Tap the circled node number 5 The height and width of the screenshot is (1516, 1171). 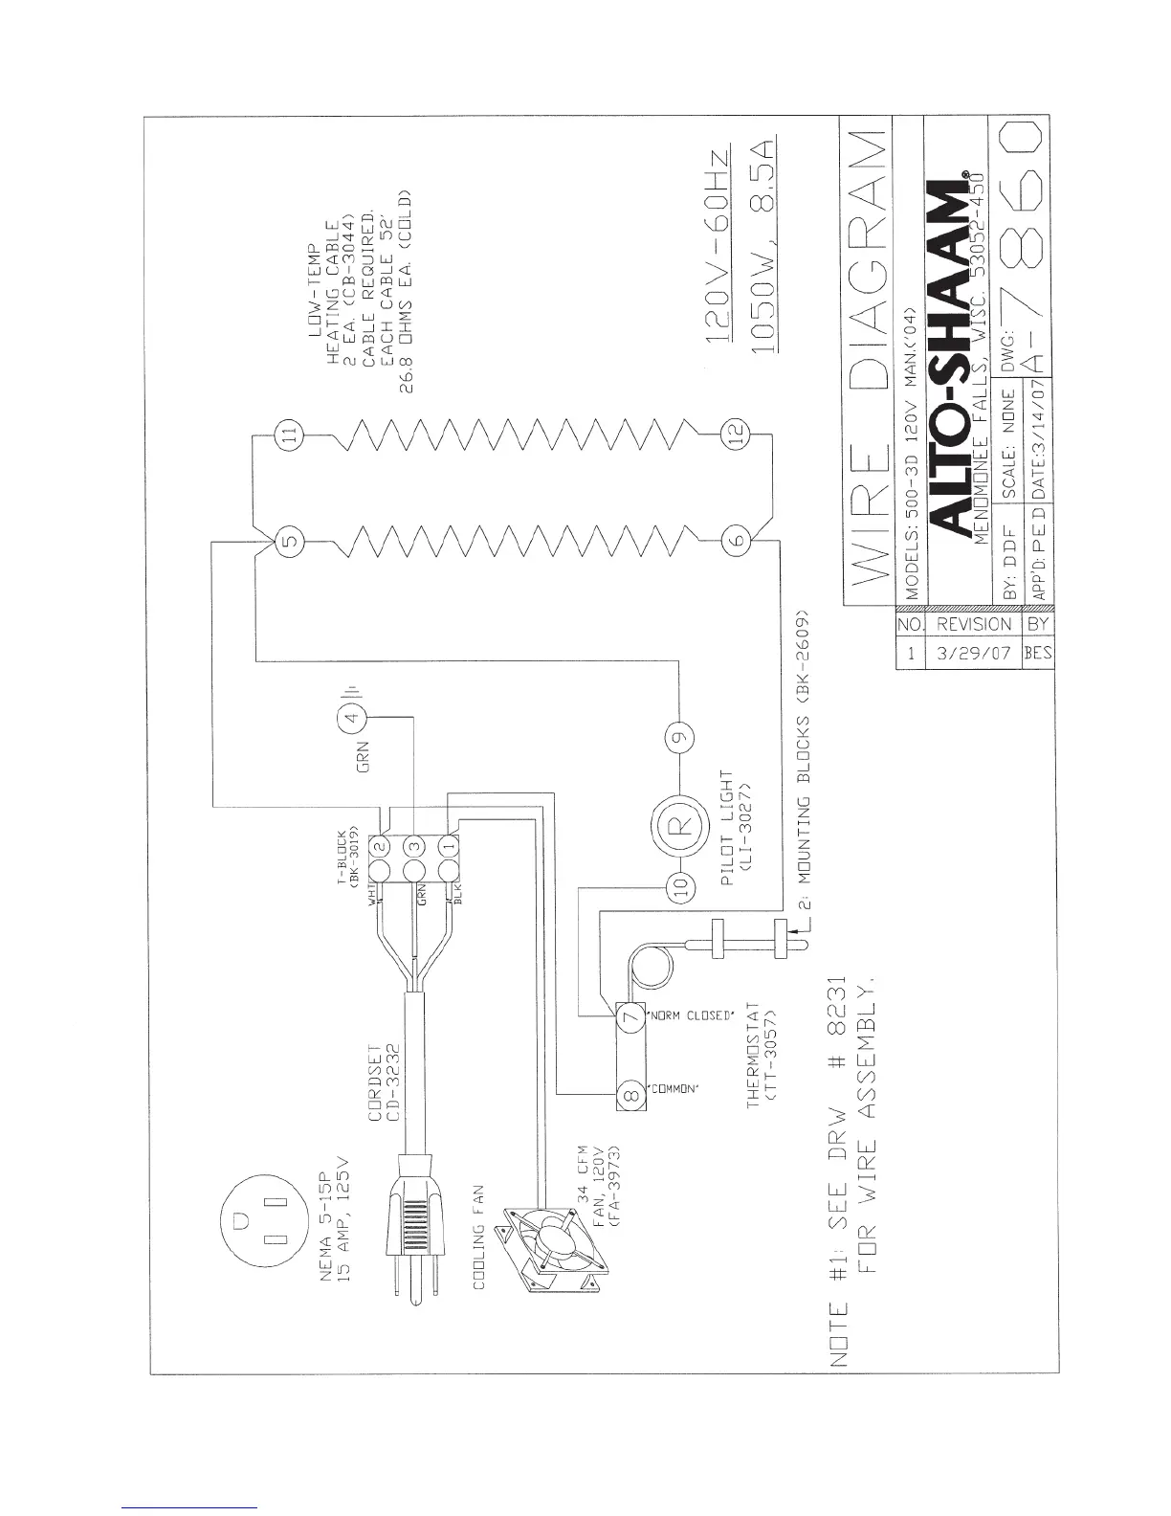click(291, 543)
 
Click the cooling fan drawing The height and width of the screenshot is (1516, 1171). click(555, 1242)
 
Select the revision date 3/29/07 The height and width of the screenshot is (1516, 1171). click(973, 656)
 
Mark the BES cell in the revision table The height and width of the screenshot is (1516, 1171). click(1038, 656)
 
